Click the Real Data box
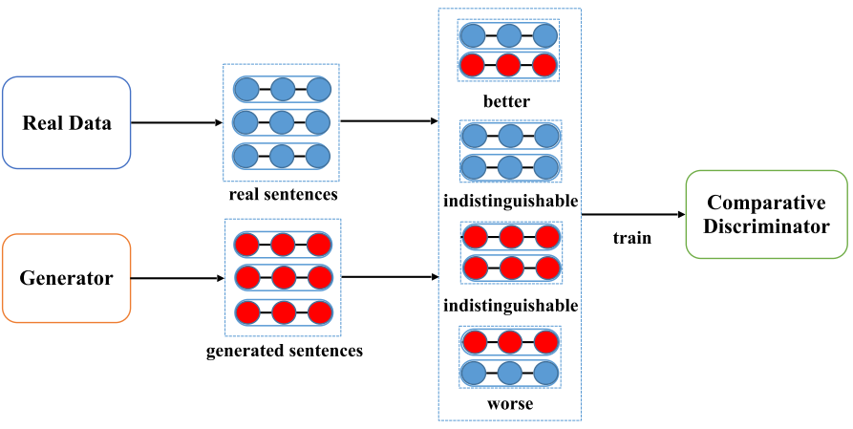(67, 122)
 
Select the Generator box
(67, 278)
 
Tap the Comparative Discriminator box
(767, 213)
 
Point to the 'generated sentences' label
(284, 351)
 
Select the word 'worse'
(508, 403)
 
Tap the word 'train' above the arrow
(632, 237)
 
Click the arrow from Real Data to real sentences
(177, 122)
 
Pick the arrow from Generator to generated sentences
(177, 278)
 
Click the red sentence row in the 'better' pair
(508, 66)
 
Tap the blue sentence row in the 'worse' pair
(508, 372)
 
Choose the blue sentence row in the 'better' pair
(508, 36)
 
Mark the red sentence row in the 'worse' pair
(508, 341)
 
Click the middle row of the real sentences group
(282, 122)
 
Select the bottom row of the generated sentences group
(282, 311)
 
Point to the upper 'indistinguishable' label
(510, 202)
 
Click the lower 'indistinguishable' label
(510, 306)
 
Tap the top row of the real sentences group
(282, 90)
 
